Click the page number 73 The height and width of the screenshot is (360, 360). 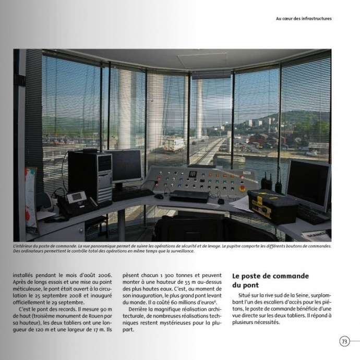344,341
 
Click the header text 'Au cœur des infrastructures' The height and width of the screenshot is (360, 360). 304,18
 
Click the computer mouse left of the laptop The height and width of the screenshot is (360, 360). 159,197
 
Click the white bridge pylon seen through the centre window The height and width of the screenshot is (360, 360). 198,110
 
